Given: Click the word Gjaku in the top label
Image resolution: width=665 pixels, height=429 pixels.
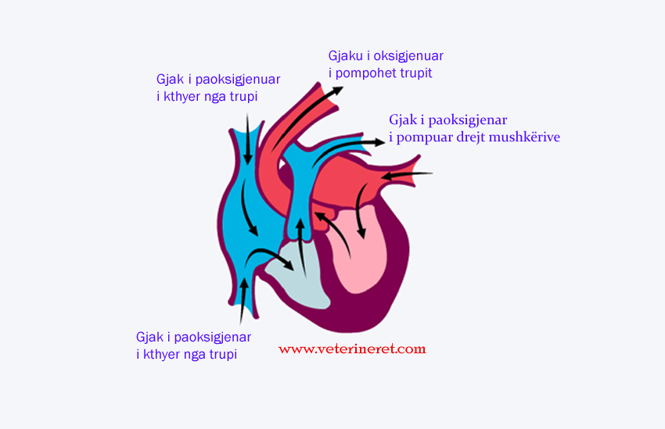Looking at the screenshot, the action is click(345, 57).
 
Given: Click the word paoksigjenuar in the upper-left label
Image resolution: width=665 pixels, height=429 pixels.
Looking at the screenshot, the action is click(238, 80).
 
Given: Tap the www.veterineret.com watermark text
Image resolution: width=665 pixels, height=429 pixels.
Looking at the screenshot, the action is click(352, 349).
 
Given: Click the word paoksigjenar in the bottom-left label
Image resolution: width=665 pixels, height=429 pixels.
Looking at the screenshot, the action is click(213, 338).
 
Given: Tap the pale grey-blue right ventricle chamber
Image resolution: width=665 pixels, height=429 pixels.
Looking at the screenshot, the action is click(297, 275).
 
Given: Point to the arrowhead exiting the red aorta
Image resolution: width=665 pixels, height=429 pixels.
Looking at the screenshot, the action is click(337, 91).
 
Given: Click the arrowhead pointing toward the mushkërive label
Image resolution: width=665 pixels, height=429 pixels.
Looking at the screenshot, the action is click(379, 142).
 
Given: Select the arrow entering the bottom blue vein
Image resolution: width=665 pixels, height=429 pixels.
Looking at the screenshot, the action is click(243, 301).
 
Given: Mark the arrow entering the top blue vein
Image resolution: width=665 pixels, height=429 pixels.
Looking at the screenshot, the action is click(248, 139).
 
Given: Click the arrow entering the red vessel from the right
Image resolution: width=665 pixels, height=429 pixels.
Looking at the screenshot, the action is click(406, 175).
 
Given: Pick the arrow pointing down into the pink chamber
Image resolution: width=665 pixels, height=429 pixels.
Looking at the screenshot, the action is click(360, 212).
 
